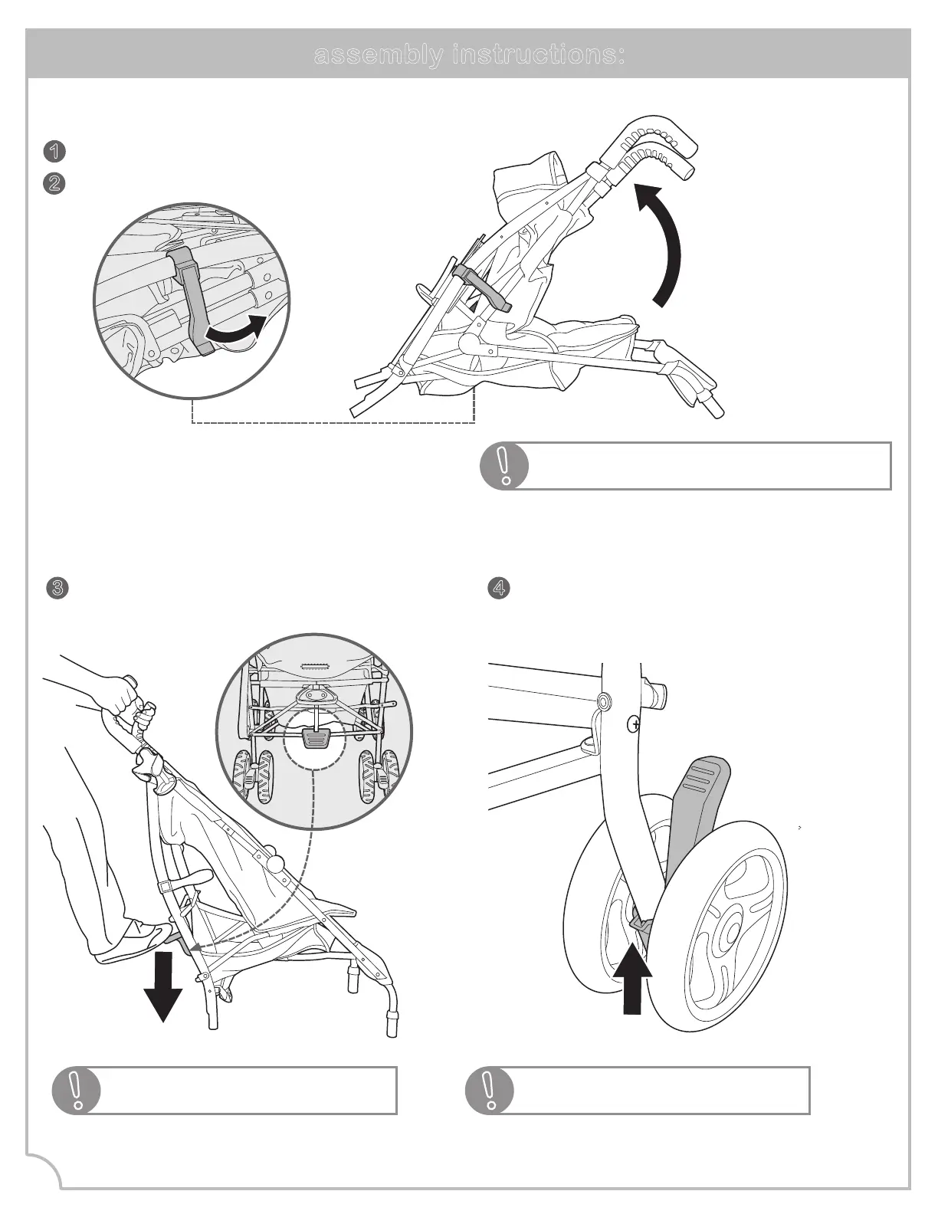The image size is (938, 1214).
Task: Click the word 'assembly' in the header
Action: tap(378, 55)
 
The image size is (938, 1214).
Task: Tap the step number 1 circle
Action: tap(54, 151)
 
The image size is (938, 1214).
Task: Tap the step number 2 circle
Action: tap(54, 184)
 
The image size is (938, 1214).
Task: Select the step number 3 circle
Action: tap(57, 588)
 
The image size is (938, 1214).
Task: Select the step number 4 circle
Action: tap(499, 588)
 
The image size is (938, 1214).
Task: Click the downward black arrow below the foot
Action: tap(162, 989)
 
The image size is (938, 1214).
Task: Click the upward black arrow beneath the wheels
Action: tap(632, 981)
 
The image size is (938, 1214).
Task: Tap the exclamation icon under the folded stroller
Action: tap(504, 465)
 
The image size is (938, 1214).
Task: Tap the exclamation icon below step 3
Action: tap(76, 1090)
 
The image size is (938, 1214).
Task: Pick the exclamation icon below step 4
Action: tap(490, 1090)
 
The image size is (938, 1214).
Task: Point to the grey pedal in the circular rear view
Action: tap(316, 738)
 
